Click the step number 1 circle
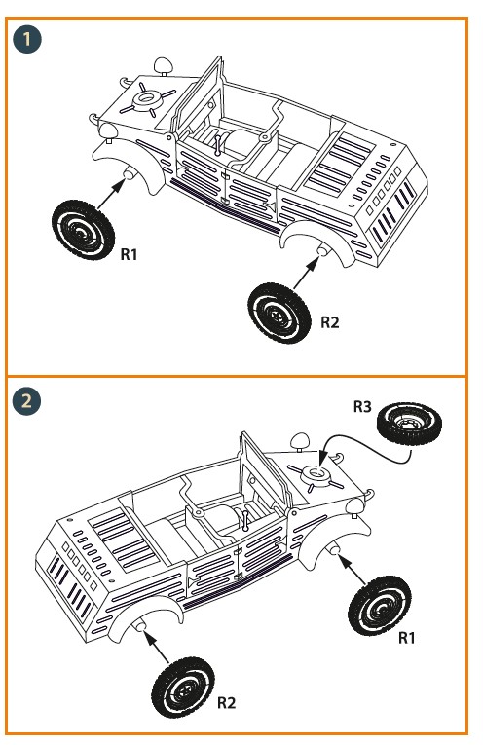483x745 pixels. (27, 39)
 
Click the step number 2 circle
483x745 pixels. (27, 400)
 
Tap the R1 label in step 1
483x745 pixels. (129, 255)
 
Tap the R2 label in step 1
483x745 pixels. (330, 322)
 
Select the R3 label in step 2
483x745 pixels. (362, 407)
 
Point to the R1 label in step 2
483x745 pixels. (406, 638)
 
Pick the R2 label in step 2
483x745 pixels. (227, 703)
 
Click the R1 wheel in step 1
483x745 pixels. (83, 230)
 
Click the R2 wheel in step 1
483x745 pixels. (279, 314)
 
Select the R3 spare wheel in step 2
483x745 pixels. (409, 424)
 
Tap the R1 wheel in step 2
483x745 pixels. (380, 606)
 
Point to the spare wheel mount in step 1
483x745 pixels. (147, 99)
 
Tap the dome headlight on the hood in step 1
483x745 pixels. (164, 65)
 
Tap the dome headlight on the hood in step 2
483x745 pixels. (301, 442)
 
